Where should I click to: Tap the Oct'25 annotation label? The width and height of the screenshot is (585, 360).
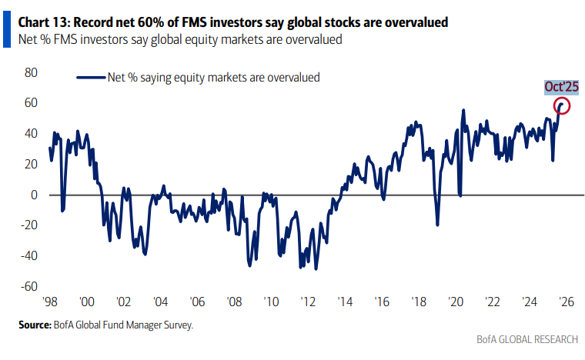(561, 87)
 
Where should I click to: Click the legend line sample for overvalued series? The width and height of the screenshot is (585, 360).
(89, 77)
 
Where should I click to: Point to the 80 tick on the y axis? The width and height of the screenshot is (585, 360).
(32, 72)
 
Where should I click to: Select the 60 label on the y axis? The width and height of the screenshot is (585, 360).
(32, 103)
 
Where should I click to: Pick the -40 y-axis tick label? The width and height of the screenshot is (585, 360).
(29, 256)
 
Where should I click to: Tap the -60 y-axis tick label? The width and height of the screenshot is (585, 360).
(29, 287)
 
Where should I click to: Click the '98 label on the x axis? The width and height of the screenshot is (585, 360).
(50, 302)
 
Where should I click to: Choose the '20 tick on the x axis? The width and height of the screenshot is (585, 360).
(454, 302)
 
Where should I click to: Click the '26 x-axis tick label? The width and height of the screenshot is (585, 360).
(564, 302)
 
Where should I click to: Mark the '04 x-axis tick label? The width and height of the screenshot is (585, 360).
(160, 302)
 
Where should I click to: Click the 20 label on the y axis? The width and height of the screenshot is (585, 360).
(32, 165)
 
